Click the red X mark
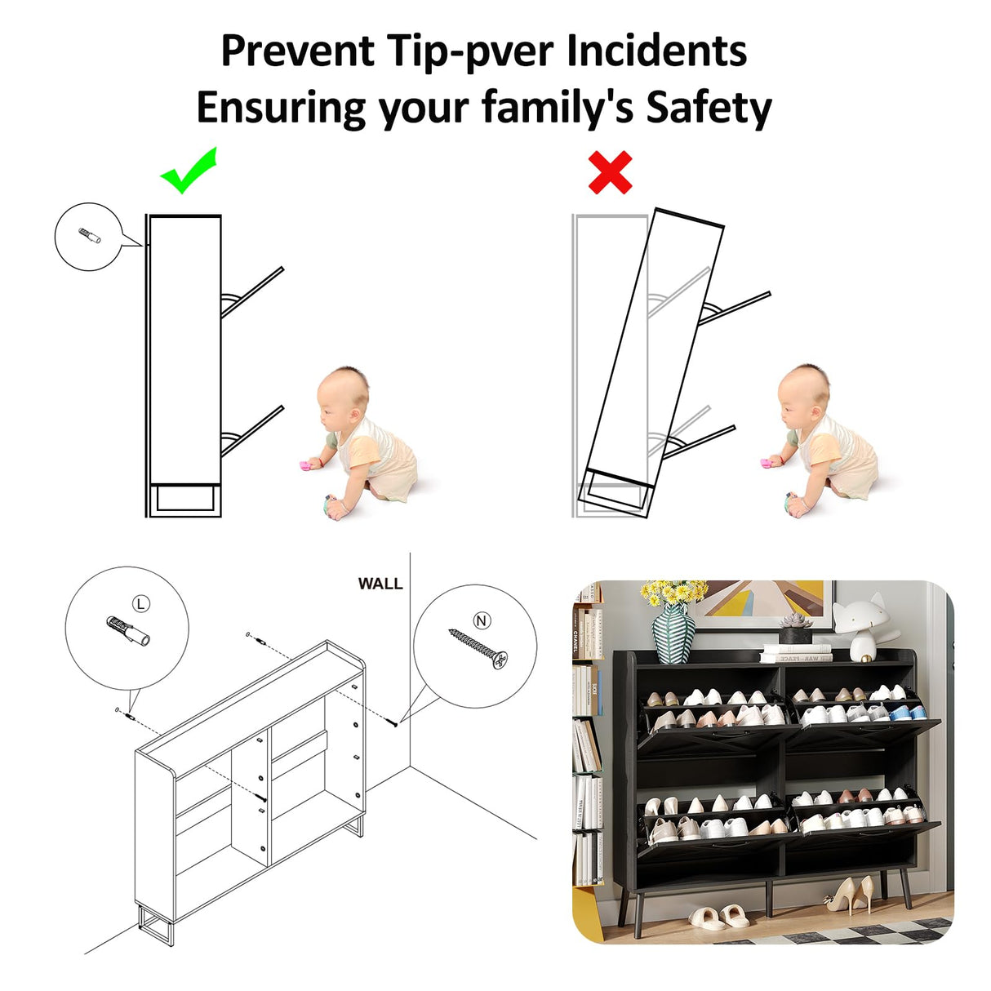[610, 172]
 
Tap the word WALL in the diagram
[380, 584]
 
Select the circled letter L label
[141, 603]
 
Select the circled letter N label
[482, 621]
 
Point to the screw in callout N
[478, 648]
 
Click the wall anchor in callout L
[127, 630]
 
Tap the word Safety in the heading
[709, 108]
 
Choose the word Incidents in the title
[657, 51]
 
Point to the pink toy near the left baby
[305, 465]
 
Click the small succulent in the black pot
[795, 629]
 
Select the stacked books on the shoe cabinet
[796, 653]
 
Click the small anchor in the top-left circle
[90, 236]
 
